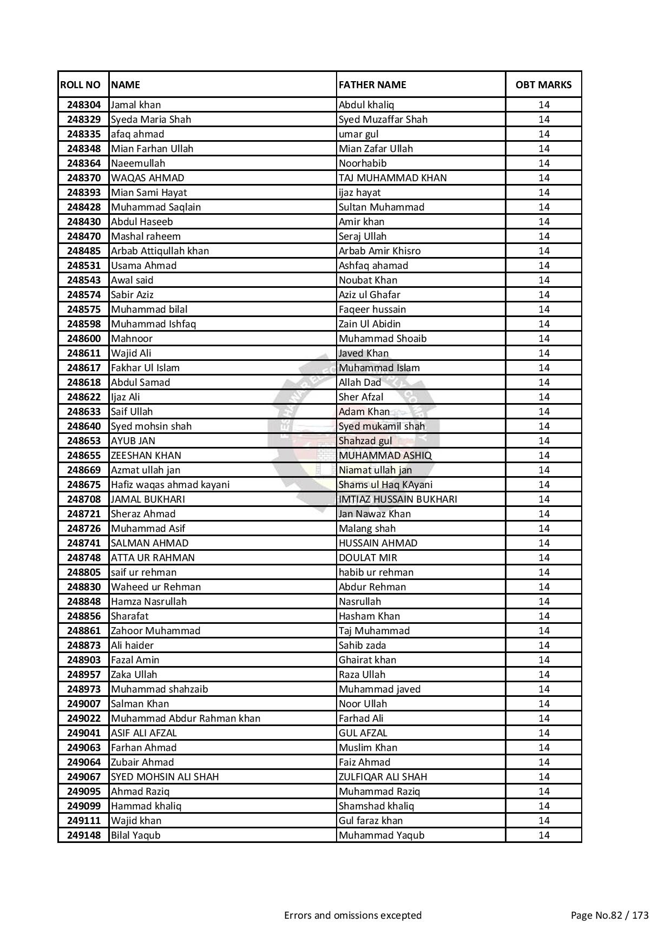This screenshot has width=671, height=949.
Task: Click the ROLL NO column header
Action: tap(80, 84)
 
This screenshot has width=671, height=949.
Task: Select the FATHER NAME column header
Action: tap(372, 84)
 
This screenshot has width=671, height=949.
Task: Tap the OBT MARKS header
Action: tap(543, 84)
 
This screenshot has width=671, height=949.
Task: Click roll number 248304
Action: tap(84, 105)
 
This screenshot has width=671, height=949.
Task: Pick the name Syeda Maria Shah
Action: tap(151, 120)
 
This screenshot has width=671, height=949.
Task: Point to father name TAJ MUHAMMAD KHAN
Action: tap(393, 178)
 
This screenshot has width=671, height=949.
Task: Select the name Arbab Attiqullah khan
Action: tap(160, 251)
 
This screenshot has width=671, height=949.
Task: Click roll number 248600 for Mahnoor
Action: tap(84, 339)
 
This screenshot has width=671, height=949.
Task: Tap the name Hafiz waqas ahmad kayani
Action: tap(170, 485)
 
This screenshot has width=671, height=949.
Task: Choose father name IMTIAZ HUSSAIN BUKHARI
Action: tap(398, 499)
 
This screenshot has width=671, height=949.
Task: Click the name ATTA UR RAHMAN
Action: tap(153, 558)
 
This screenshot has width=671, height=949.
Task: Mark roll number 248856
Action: tap(84, 616)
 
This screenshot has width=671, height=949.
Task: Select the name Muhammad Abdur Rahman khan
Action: tap(186, 719)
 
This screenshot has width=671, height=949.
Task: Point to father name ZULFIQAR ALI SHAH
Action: tap(383, 777)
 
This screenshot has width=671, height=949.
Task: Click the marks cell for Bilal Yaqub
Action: tap(543, 835)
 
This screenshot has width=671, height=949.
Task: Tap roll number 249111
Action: tap(84, 821)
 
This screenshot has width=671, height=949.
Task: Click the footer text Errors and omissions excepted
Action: tap(353, 915)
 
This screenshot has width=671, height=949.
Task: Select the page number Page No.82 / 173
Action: tap(609, 915)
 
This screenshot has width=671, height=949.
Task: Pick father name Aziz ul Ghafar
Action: tap(370, 295)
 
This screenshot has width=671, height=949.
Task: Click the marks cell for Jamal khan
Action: tap(543, 105)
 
